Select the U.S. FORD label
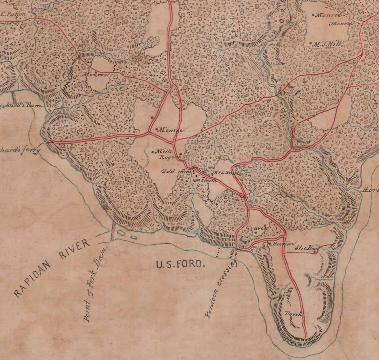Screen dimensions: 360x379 [x=180, y=265]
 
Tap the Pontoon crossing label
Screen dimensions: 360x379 [x=220, y=289]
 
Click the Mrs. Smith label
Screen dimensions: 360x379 [x=222, y=173]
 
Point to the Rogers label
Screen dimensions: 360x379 [x=168, y=157]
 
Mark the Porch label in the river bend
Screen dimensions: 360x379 [x=293, y=314]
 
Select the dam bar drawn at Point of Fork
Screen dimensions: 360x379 [x=113, y=231]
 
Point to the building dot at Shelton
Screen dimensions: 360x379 [x=315, y=253]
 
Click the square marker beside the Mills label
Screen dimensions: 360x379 [x=153, y=152]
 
